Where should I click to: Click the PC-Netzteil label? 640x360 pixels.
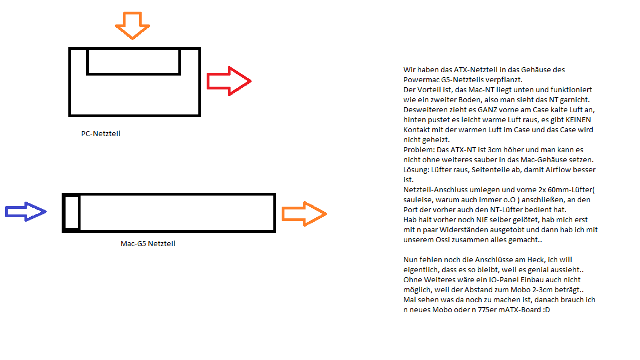pyautogui.click(x=101, y=133)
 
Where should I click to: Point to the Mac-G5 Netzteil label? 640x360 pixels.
pyautogui.click(x=148, y=244)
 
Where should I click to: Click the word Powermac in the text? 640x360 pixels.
pyautogui.click(x=421, y=79)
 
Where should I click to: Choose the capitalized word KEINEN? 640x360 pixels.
pyautogui.click(x=578, y=119)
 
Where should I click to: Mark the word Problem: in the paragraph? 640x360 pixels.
pyautogui.click(x=419, y=150)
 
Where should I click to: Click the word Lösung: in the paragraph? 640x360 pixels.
pyautogui.click(x=416, y=170)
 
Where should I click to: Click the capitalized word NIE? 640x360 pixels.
pyautogui.click(x=482, y=220)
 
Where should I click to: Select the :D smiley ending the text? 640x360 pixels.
pyautogui.click(x=547, y=310)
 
